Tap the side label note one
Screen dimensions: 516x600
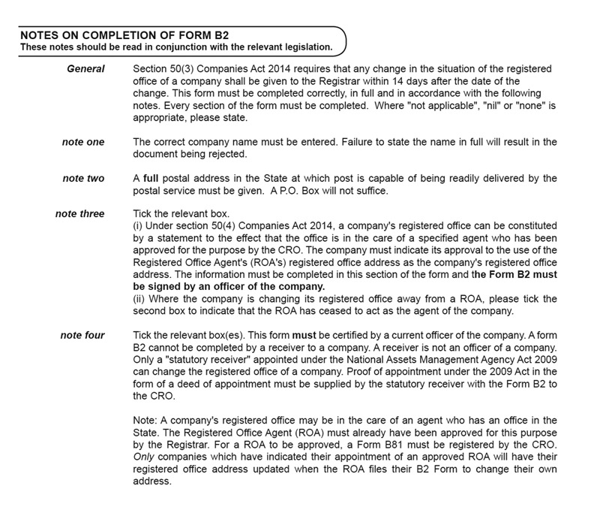(83, 141)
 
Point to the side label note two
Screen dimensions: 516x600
(83, 178)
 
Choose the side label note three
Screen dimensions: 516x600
(79, 214)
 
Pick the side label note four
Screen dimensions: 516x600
(82, 335)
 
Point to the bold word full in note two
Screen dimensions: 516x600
(151, 178)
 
